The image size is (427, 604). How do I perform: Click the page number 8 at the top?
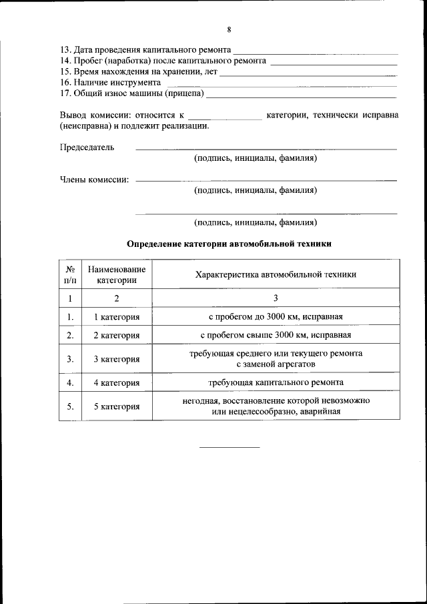coord(228,30)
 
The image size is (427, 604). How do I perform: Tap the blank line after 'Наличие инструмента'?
coord(281,85)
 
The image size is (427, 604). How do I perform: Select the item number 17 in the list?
coord(65,93)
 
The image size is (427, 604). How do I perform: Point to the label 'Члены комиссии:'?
coord(94,179)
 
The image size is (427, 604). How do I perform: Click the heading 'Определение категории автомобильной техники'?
coord(229,244)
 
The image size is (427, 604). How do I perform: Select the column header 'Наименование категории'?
coord(116,274)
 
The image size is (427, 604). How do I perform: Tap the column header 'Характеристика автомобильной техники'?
coord(276,274)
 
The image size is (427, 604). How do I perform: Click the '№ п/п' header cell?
coord(70,274)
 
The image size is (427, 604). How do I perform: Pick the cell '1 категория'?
coord(116,316)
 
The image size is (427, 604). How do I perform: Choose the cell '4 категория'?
coord(116,382)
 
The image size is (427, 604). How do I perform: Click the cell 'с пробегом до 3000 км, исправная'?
coord(276,316)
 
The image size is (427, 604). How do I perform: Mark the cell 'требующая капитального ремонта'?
coord(276,382)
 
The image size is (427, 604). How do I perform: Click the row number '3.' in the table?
coord(70,359)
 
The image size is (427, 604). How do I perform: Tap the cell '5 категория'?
coord(116,406)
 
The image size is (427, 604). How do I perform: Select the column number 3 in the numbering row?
coord(276,298)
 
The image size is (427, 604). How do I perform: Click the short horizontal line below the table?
coord(230,446)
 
